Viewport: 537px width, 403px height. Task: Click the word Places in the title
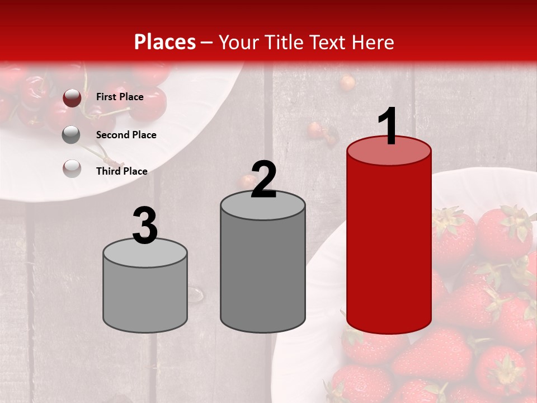click(x=165, y=42)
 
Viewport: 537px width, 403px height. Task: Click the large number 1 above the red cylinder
click(x=388, y=126)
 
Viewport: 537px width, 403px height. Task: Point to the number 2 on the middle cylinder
click(x=263, y=180)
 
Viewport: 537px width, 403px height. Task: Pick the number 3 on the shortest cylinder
click(x=145, y=226)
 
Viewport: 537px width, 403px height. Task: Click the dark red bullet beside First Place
click(x=72, y=98)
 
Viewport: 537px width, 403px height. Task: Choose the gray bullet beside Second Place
click(x=71, y=135)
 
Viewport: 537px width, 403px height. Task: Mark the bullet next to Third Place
click(x=72, y=168)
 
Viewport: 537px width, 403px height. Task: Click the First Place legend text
click(x=120, y=97)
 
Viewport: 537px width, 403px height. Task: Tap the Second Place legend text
click(x=126, y=135)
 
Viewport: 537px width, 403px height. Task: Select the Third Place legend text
click(x=121, y=171)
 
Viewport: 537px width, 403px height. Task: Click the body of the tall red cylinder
click(x=389, y=246)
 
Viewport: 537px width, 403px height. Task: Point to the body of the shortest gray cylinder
click(x=145, y=297)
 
